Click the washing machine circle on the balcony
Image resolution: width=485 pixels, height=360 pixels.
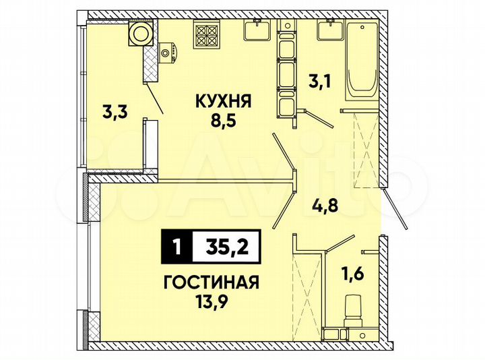(141, 33)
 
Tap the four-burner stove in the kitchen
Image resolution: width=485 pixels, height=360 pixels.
(205, 32)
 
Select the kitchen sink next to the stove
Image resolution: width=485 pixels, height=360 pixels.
(256, 30)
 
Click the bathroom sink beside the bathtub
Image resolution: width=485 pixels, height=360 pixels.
(330, 30)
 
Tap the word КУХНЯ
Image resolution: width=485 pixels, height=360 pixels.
(223, 103)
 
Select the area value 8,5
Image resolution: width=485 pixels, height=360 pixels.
(223, 123)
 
